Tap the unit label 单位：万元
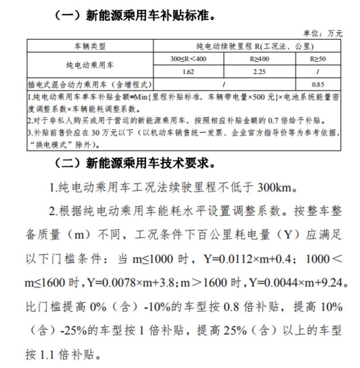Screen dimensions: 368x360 tap(323, 33)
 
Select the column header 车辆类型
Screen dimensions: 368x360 tap(90, 46)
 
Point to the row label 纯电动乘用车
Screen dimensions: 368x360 tap(90, 65)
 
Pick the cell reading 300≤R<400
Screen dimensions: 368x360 tap(188, 59)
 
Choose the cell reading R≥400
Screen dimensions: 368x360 tap(260, 59)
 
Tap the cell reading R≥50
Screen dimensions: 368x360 tap(318, 59)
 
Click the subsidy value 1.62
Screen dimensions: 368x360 tap(188, 72)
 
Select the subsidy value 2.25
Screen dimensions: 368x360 tap(260, 72)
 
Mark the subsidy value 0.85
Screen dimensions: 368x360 tap(318, 84)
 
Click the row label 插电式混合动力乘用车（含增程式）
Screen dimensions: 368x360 tap(90, 84)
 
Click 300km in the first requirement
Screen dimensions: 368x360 tap(275, 187)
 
